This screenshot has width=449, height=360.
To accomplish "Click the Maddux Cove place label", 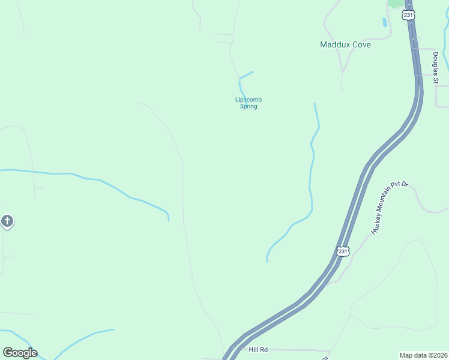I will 345,44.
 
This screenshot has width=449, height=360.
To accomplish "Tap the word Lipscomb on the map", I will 248,100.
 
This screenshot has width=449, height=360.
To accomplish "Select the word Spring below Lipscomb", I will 248,106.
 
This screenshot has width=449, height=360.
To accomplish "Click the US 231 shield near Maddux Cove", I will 409,15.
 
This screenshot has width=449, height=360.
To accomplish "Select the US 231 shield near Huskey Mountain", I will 342,251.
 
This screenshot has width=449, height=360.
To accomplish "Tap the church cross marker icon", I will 7,221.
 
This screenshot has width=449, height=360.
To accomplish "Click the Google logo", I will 20,353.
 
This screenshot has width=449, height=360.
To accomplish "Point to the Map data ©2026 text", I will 424,355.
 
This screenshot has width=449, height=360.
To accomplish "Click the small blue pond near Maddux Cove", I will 384,22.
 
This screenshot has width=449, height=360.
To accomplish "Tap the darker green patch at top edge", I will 396,3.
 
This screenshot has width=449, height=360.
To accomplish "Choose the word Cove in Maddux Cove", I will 361,44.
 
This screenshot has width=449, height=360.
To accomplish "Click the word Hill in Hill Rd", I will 253,349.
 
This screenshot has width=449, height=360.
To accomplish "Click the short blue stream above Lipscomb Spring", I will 246,76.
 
